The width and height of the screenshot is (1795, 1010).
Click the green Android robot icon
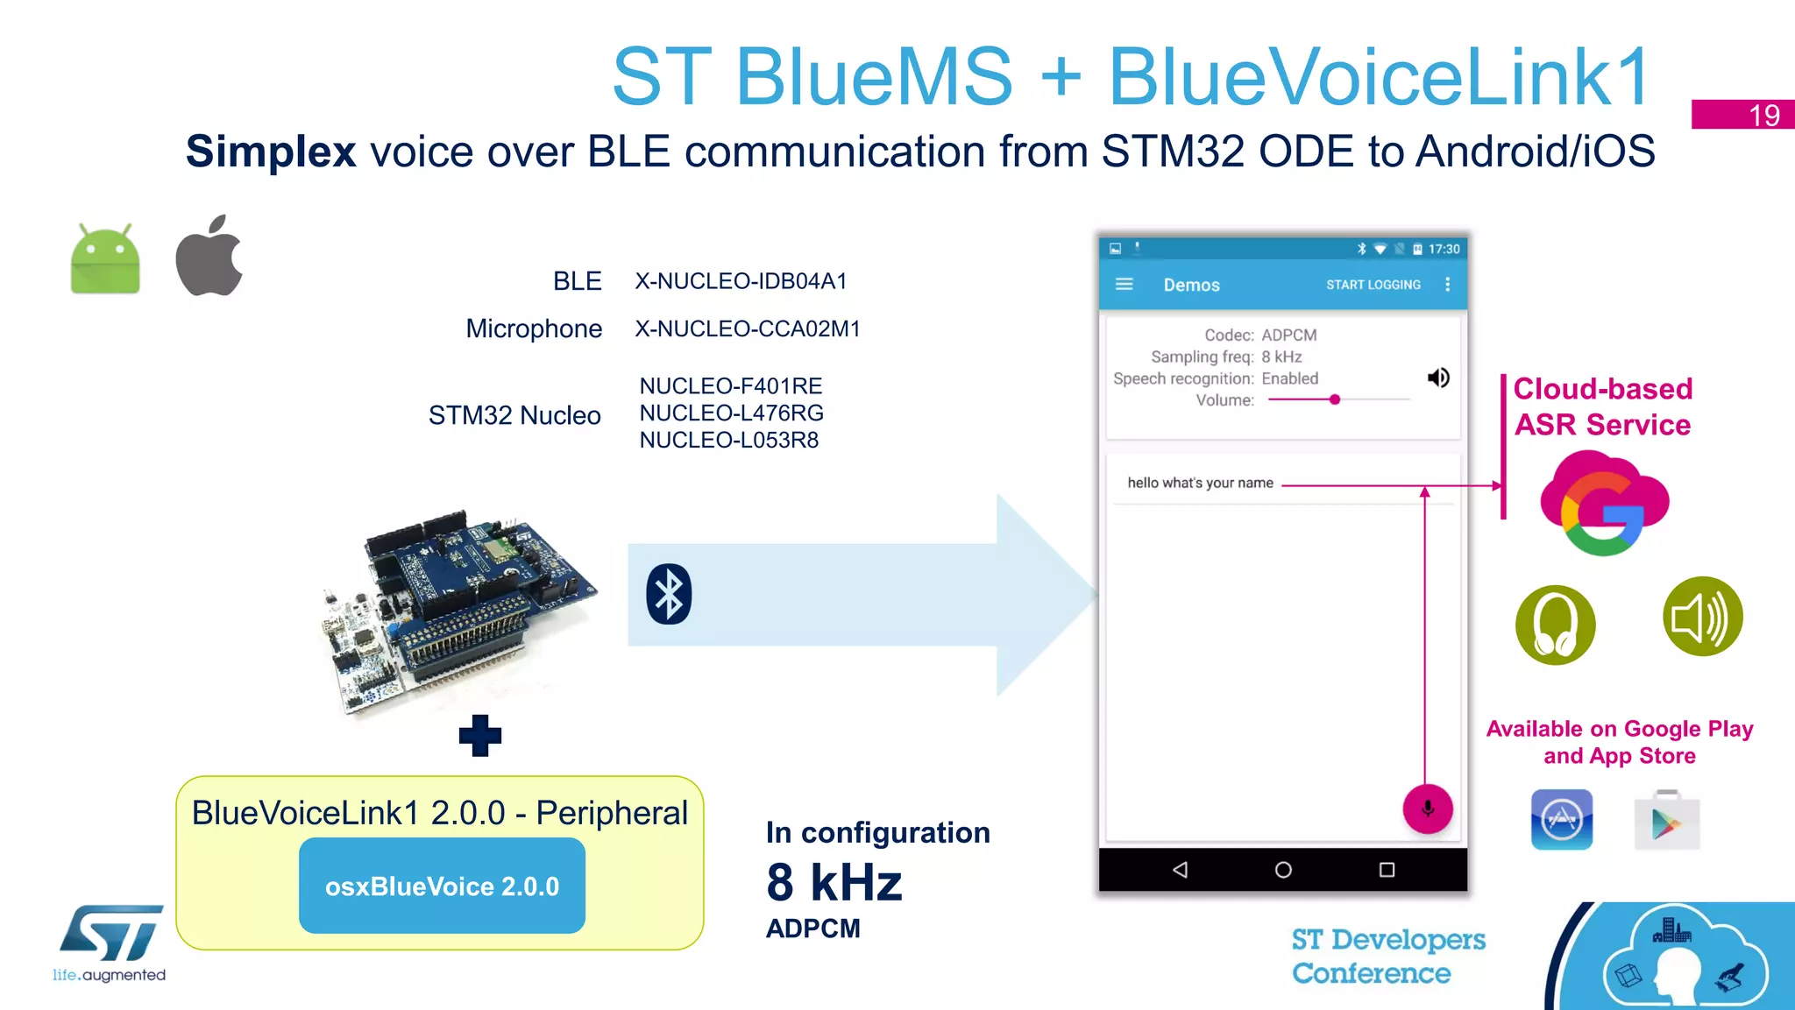(105, 260)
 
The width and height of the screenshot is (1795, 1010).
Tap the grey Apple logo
(209, 257)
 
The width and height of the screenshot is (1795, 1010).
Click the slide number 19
(1763, 115)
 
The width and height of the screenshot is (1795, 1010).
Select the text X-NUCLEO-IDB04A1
(741, 281)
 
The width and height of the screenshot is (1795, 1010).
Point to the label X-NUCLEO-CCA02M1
(748, 328)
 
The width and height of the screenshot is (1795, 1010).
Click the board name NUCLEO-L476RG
(731, 413)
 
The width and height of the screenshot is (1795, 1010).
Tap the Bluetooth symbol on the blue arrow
(669, 594)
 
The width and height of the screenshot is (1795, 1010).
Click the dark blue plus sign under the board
(480, 735)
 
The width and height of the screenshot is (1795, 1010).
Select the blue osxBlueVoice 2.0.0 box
(442, 886)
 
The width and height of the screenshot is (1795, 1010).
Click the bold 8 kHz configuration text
(834, 881)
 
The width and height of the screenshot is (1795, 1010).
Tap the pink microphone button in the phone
(1427, 809)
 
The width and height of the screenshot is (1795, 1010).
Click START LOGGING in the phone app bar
(1373, 285)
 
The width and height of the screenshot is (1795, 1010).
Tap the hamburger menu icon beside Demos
(1124, 284)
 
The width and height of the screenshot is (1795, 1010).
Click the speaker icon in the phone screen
(1438, 378)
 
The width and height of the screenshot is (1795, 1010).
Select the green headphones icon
(1555, 625)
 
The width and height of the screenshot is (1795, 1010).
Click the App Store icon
(1561, 820)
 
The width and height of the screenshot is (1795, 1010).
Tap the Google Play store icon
(1666, 821)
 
